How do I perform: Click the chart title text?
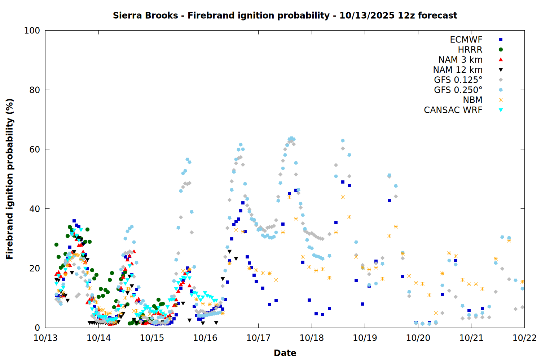coord(285,15)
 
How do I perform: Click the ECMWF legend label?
coord(466,40)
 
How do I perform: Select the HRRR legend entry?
coord(470,50)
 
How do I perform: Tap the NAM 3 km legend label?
coord(460,60)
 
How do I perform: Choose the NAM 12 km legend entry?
coord(458,70)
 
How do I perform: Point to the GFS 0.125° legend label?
coord(458,80)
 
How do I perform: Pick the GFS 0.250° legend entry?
coord(458,90)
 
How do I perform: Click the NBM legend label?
coord(472,100)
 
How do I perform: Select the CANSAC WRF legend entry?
coord(453,110)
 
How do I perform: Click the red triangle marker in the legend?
coord(501,60)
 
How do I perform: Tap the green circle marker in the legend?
coord(501,50)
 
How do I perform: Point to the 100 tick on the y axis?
coord(32,31)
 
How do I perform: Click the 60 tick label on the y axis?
coord(35,149)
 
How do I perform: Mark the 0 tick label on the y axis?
coord(37,328)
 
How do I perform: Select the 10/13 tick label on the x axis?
coord(45,338)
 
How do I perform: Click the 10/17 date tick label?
coord(258,338)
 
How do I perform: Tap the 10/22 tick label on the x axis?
coord(524,338)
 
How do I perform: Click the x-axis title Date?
coord(285,353)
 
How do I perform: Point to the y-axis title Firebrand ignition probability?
coord(10,179)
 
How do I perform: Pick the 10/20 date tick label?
coord(418,338)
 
